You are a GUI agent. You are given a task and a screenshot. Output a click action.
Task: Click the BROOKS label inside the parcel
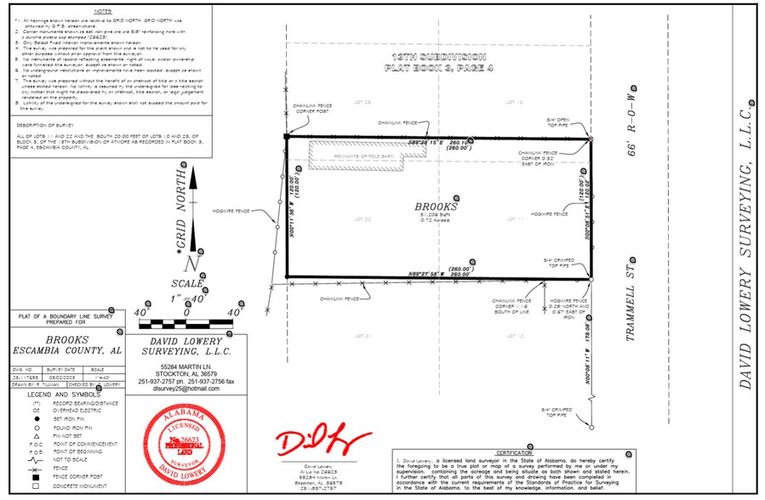point(436,207)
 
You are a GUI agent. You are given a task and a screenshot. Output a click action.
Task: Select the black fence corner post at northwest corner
point(287,136)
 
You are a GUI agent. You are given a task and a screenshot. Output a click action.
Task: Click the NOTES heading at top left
point(102,12)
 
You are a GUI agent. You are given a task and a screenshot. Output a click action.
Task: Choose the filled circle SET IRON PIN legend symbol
point(37,420)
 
